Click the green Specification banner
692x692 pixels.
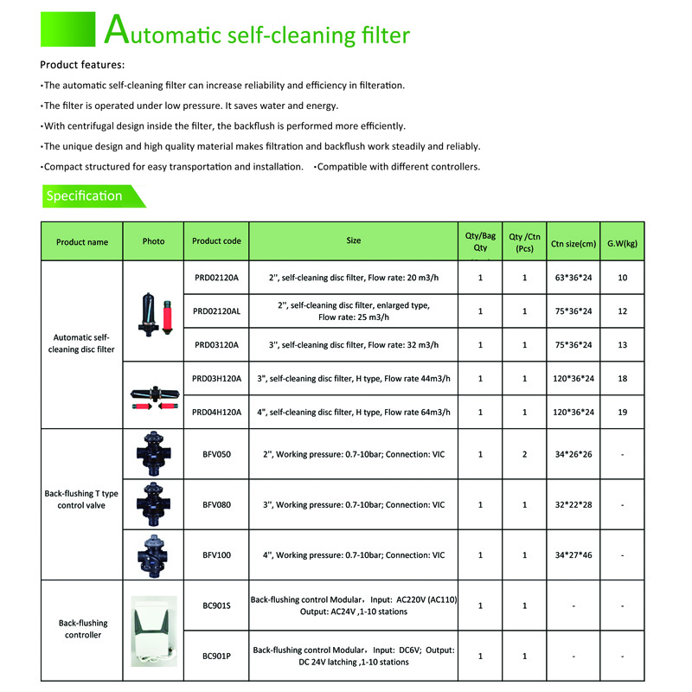point(86,196)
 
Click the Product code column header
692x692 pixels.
point(216,241)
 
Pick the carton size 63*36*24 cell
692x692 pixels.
point(573,278)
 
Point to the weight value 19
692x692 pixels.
point(623,412)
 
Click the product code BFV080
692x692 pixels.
point(216,504)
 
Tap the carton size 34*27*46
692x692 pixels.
point(573,555)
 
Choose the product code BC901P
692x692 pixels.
point(216,656)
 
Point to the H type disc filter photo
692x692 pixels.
point(153,394)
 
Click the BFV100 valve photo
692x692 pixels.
point(153,554)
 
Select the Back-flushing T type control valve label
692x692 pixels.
point(82,499)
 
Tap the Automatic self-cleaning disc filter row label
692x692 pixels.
point(82,344)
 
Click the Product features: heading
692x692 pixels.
point(82,65)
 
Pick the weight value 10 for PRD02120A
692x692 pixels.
point(623,278)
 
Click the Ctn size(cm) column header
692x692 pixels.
point(573,243)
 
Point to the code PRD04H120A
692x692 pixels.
point(217,412)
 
